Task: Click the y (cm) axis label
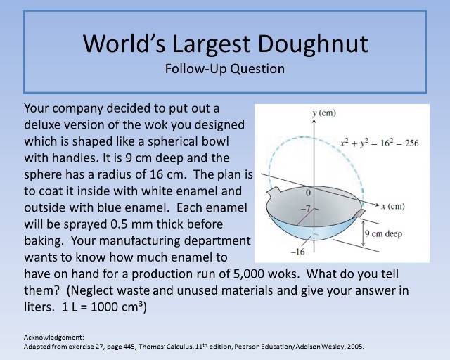click(x=324, y=112)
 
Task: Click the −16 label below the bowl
click(x=297, y=251)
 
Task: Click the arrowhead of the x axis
click(x=378, y=206)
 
